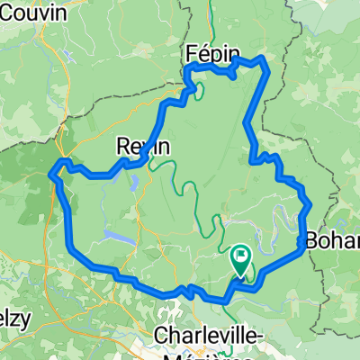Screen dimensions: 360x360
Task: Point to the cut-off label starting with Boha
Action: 333,240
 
